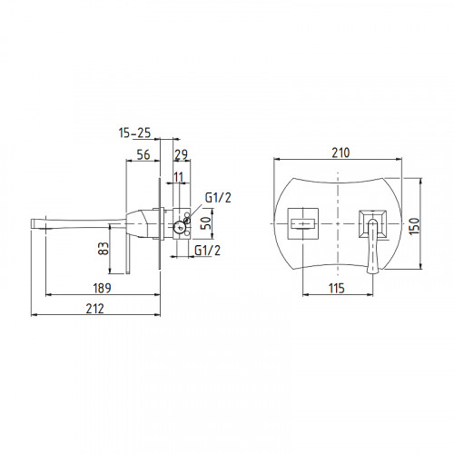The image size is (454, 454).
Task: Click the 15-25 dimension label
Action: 134,133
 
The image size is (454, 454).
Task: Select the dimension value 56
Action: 143,154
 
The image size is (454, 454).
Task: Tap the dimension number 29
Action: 181,154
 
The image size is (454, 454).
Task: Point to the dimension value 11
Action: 179,177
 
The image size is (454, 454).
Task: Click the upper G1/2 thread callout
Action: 218,198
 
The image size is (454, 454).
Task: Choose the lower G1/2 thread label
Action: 207,251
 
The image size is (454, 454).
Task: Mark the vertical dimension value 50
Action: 206,223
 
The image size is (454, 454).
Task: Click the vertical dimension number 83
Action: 104,248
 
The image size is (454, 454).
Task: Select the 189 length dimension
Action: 102,288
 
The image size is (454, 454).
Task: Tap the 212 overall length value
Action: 94,309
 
